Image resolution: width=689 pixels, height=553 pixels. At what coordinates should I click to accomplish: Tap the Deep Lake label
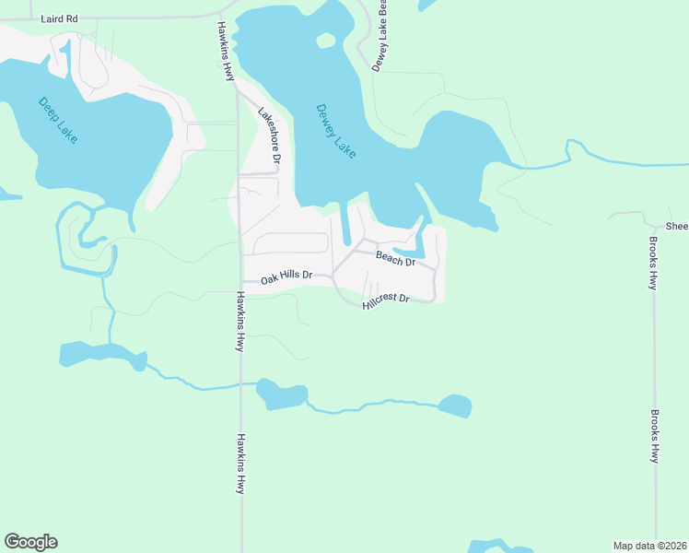click(59, 120)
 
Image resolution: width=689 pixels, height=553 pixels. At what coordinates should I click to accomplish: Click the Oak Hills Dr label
click(286, 276)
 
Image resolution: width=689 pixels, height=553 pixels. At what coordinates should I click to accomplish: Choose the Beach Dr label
click(396, 261)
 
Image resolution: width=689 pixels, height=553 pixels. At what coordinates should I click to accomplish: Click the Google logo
click(30, 542)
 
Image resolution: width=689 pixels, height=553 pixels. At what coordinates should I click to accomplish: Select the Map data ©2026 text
click(649, 546)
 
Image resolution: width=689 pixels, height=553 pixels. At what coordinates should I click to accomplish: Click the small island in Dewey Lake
click(325, 41)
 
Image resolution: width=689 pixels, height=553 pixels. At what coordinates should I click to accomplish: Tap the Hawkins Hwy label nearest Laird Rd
click(225, 53)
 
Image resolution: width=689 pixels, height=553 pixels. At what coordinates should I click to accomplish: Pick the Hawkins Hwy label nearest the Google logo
click(239, 464)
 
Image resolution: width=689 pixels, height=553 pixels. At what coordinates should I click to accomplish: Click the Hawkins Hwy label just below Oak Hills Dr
click(239, 322)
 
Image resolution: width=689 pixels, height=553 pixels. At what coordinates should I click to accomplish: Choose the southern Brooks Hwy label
click(655, 436)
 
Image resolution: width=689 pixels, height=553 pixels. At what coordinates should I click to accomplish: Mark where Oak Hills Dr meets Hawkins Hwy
click(241, 282)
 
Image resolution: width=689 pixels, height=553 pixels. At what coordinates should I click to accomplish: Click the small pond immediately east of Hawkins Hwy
click(281, 394)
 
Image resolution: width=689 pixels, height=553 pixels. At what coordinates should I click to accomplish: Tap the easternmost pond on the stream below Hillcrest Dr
click(455, 406)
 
